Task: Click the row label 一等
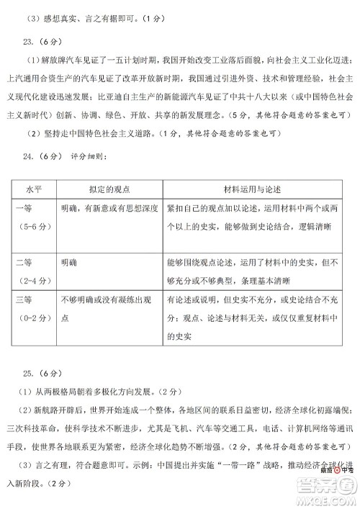tap(26, 208)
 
